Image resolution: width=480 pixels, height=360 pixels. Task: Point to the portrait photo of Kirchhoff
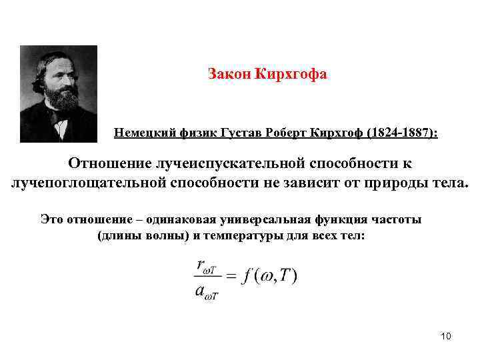click(59, 93)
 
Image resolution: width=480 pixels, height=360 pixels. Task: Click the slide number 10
click(446, 336)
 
